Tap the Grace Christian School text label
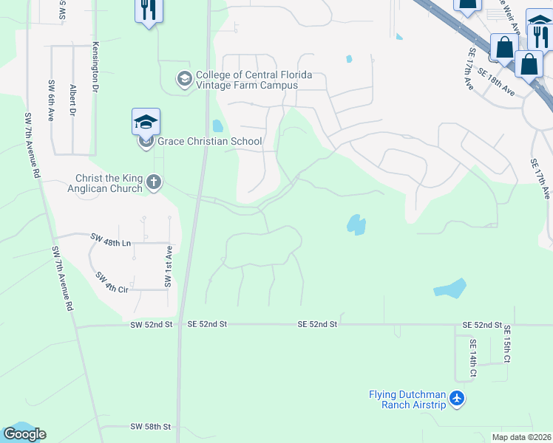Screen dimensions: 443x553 210,141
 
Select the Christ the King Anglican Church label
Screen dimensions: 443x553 109,183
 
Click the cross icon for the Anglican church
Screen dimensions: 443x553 154,183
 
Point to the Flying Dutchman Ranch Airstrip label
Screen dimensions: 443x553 408,399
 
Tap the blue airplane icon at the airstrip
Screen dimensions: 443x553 458,399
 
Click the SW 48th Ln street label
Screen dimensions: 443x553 110,240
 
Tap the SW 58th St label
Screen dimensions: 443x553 151,427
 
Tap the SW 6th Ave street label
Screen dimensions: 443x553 52,100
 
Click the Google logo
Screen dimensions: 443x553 24,434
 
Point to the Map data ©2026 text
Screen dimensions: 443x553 521,437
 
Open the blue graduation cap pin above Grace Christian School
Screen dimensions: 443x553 146,121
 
